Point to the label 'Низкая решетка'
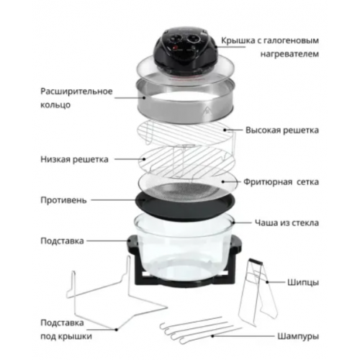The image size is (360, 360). tap(75, 159)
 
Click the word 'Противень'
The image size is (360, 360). tap(63, 199)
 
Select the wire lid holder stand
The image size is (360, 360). tap(108, 302)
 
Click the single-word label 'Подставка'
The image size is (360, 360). tap(63, 240)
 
